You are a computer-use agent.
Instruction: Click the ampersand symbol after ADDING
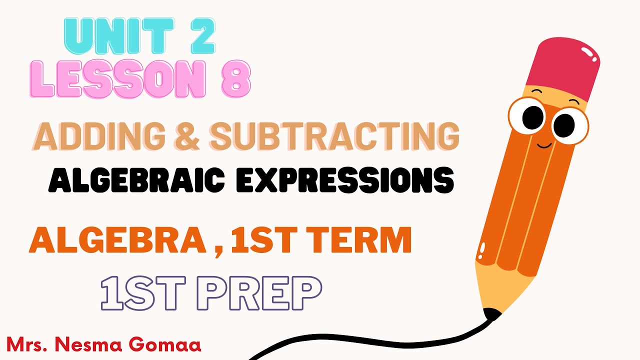click(188, 136)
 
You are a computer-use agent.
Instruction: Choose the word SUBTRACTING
click(334, 136)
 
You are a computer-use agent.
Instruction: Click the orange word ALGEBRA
click(117, 241)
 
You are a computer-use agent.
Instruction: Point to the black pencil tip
click(492, 314)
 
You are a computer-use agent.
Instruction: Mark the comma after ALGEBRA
click(218, 250)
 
